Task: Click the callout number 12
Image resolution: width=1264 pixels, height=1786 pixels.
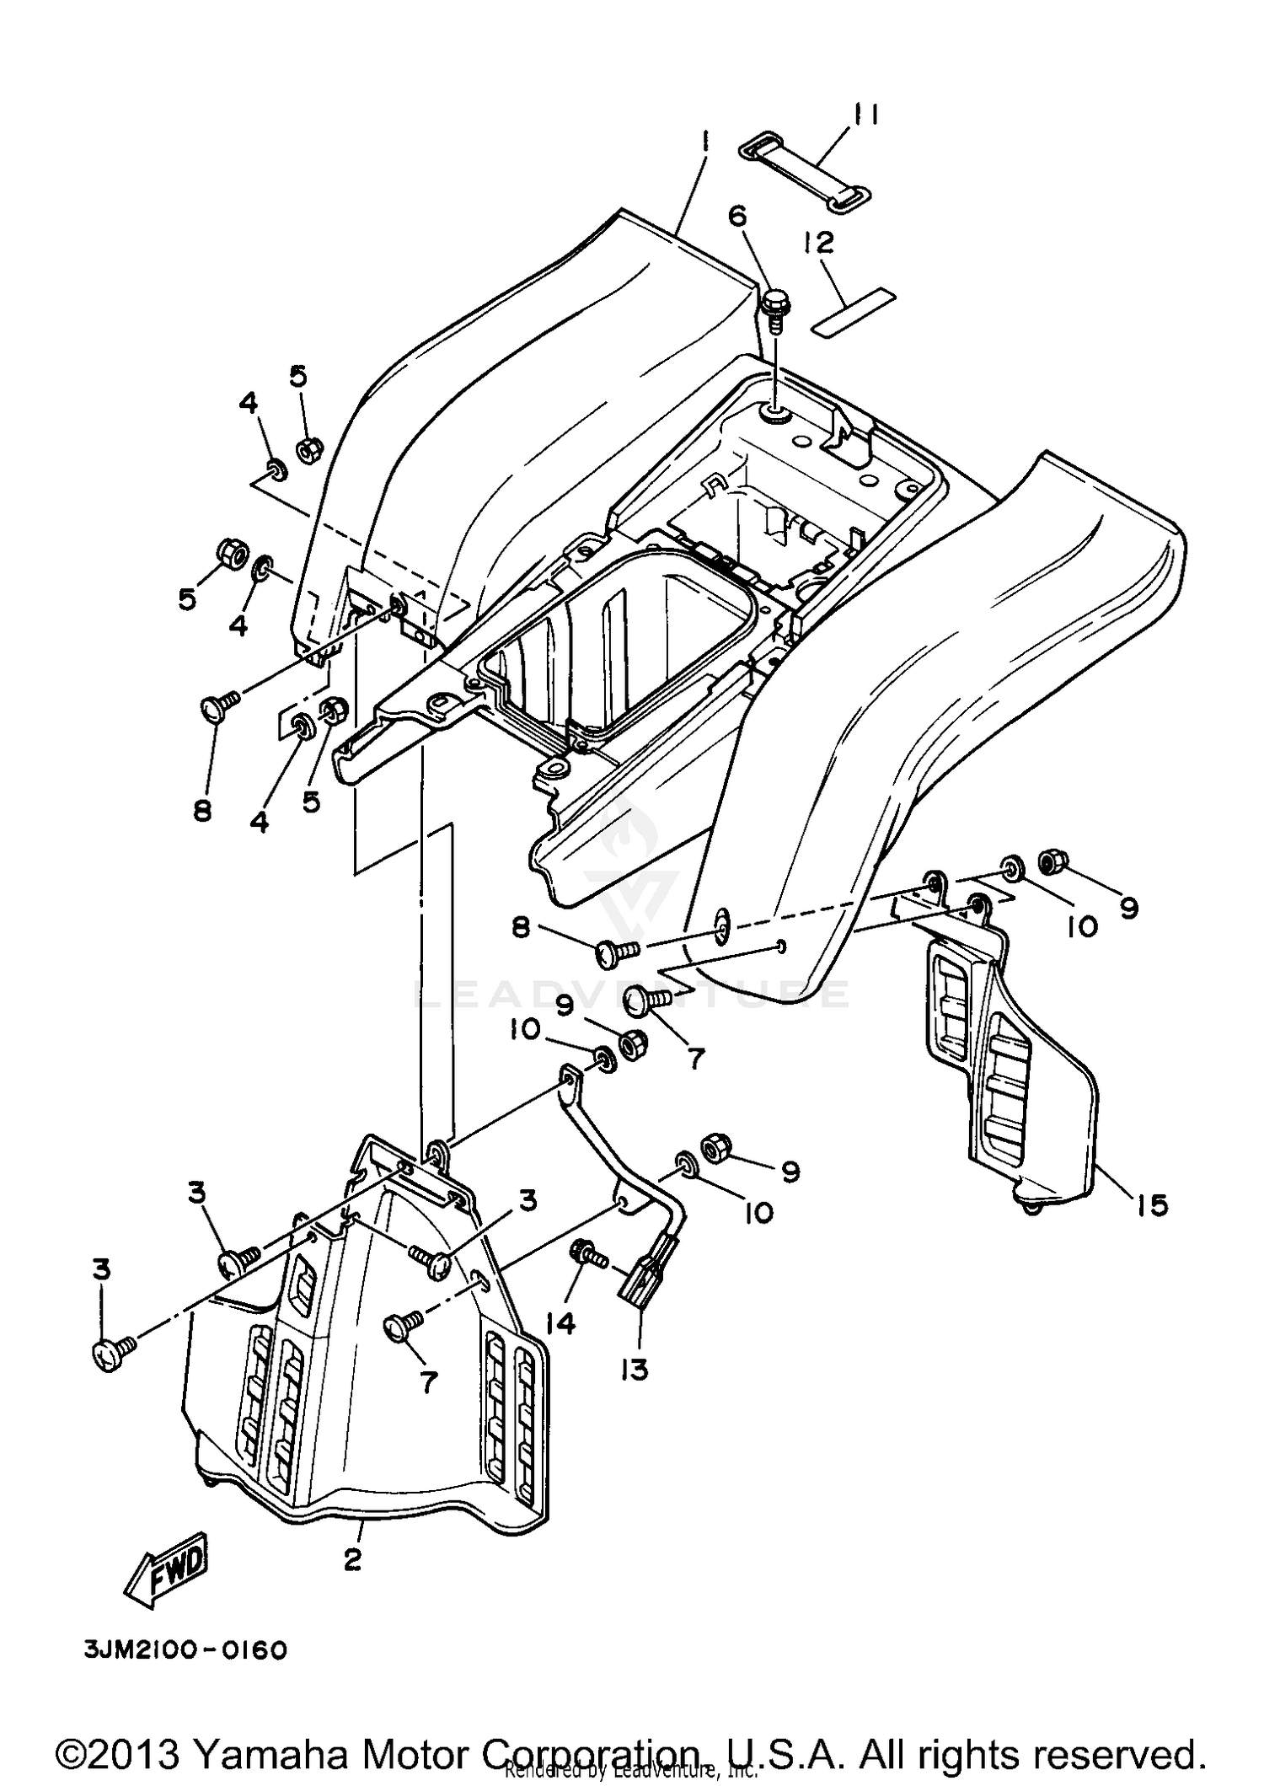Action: tap(818, 244)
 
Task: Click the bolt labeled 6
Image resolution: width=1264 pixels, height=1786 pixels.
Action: tap(774, 312)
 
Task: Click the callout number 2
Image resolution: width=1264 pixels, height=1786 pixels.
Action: tap(353, 1559)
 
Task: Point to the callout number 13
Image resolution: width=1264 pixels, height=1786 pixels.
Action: tap(634, 1370)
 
